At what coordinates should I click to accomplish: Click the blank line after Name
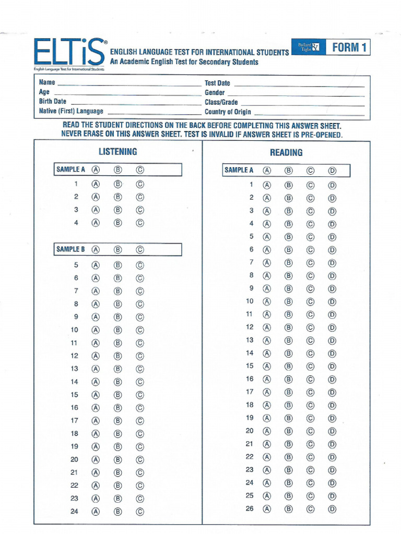(128, 83)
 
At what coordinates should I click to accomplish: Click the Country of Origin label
(228, 112)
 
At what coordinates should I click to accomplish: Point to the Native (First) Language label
(71, 111)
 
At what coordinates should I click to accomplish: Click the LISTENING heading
(118, 152)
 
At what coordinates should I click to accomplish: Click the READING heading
(286, 152)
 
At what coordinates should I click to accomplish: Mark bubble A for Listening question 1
(96, 184)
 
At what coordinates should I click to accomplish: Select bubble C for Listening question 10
(140, 330)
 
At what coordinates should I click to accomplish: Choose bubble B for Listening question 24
(118, 512)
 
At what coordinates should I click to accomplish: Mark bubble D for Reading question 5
(332, 237)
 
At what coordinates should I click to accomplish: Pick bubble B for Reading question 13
(289, 341)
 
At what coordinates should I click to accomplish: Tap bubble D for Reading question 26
(332, 509)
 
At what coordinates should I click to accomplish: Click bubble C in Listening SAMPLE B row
(140, 250)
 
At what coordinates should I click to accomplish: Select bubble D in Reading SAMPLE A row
(332, 171)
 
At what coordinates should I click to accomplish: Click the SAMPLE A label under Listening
(70, 169)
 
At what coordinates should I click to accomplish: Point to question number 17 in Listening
(75, 420)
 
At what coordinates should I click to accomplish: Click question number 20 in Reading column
(250, 431)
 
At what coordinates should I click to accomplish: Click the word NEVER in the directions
(73, 134)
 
